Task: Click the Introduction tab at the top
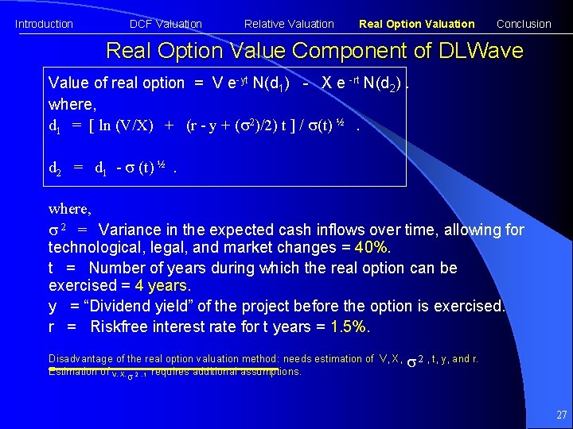point(44,24)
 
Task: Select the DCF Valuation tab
point(166,24)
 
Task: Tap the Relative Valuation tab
point(289,24)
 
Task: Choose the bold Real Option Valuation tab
point(416,24)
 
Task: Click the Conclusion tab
point(524,24)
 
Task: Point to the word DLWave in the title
point(479,52)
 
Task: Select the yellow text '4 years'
point(162,286)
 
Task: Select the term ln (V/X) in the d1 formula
point(125,125)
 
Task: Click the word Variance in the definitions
point(131,230)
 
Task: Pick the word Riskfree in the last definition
point(119,327)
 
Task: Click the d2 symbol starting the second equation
point(56,168)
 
